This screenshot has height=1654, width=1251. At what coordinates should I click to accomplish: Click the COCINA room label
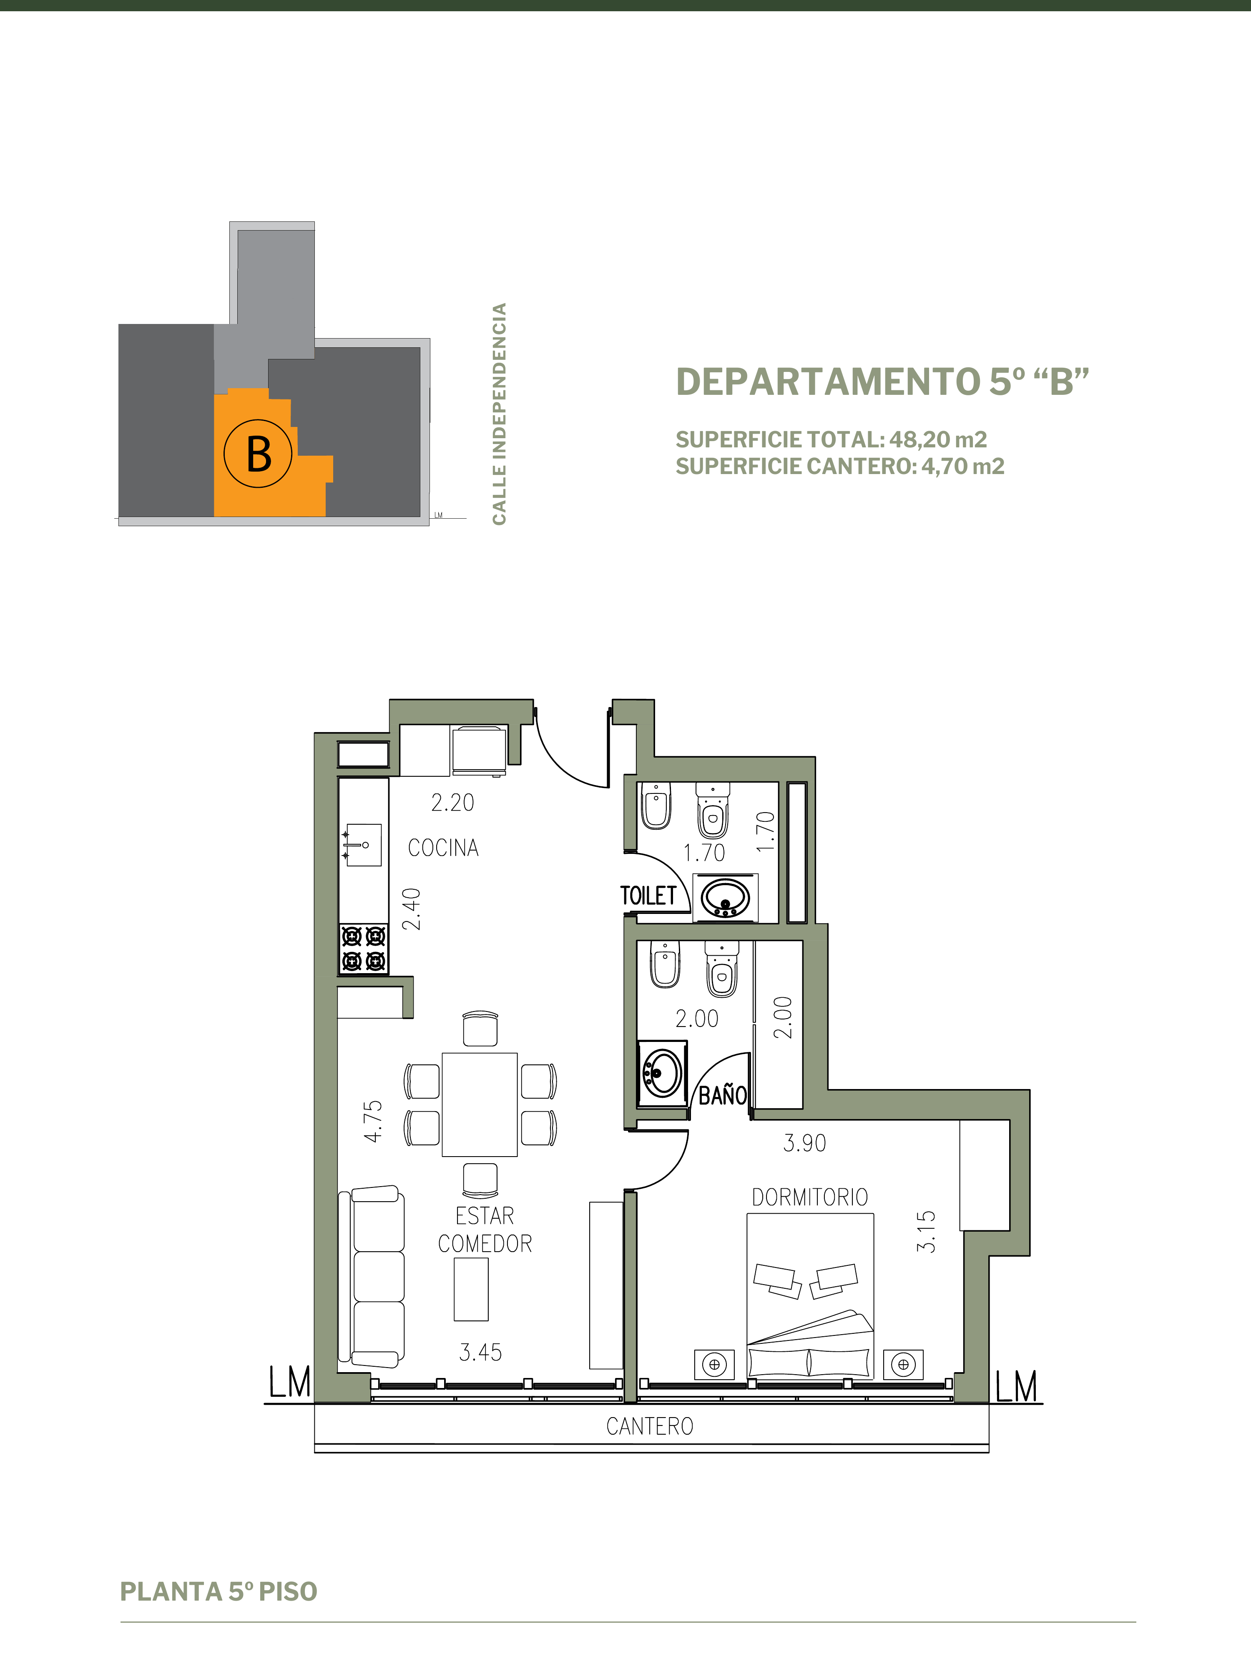point(443,848)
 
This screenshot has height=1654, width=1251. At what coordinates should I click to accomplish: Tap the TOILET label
point(648,896)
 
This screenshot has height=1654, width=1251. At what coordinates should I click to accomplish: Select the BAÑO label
point(723,1096)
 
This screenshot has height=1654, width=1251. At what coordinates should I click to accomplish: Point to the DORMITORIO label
point(810,1197)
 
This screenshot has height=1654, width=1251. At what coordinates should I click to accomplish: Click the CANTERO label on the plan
point(650,1427)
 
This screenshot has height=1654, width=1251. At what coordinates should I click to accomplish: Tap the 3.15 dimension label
point(926,1232)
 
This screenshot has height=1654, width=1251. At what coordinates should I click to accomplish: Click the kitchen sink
point(363,845)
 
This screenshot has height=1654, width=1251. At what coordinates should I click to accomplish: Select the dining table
point(479,1104)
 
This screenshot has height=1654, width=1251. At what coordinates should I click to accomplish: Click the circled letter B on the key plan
point(258,453)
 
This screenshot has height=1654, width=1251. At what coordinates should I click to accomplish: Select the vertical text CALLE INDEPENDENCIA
point(500,414)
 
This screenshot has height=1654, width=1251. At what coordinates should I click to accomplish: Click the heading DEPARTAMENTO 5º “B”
point(882,381)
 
